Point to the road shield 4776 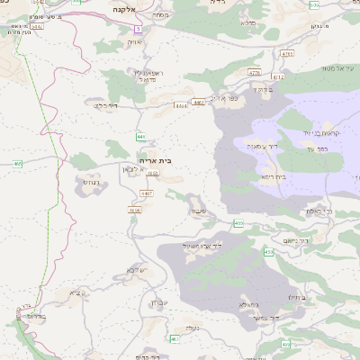point(254,74)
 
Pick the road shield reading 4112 point(279,77)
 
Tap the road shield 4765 point(288,54)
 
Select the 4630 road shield point(135,211)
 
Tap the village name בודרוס point(37,317)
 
